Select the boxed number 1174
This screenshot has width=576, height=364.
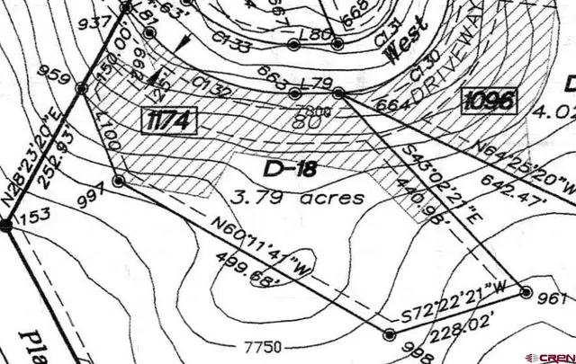click(x=169, y=120)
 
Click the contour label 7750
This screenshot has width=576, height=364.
click(x=262, y=345)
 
